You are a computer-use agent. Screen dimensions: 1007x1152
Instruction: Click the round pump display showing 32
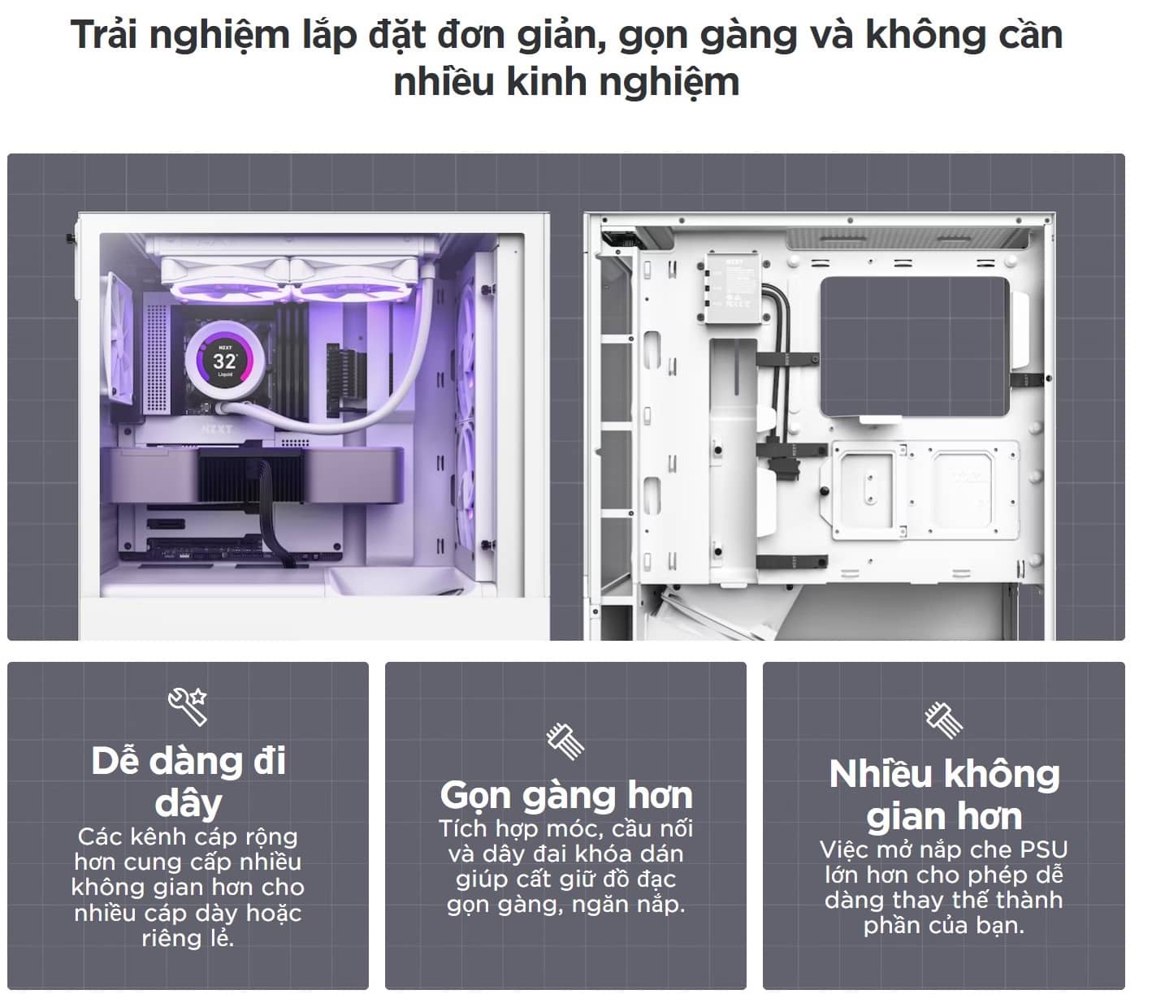tap(224, 360)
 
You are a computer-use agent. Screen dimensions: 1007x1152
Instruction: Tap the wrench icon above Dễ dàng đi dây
tap(188, 706)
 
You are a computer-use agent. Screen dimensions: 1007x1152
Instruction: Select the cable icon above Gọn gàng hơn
tap(565, 740)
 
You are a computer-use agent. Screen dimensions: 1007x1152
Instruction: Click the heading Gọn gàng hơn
tap(565, 795)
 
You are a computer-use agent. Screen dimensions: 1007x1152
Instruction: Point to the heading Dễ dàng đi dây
tap(188, 781)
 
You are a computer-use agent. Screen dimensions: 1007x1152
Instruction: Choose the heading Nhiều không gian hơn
tap(944, 795)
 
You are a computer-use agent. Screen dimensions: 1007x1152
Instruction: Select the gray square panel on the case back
tap(915, 346)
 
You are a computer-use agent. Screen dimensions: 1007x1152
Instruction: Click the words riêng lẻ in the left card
tap(188, 939)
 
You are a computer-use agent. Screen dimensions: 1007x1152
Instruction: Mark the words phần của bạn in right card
tap(943, 926)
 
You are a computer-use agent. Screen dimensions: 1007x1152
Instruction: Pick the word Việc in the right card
tap(845, 850)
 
